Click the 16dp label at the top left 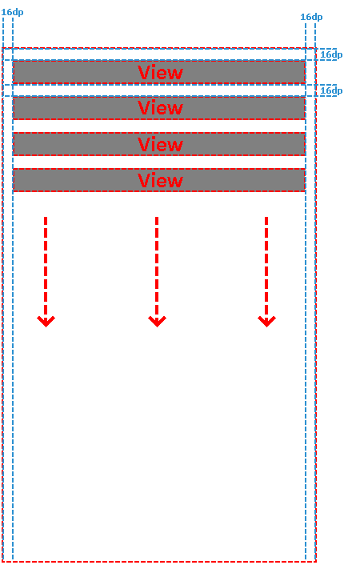coord(12,12)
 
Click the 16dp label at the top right coord(311,17)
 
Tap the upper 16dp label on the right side coord(331,54)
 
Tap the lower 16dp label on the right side coord(331,90)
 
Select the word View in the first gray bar coord(160,73)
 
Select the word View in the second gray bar coord(160,108)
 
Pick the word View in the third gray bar coord(160,144)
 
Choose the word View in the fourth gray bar coord(160,180)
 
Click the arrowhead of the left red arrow coord(46,321)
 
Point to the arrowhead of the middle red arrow coord(157,321)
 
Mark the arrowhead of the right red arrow coord(266,321)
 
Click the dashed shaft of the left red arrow coord(46,268)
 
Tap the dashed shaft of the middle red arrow coord(157,268)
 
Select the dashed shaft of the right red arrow coord(266,268)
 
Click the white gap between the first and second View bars coord(159,90)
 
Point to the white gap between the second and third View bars coord(159,126)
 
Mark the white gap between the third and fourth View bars coord(159,162)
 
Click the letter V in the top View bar coord(144,73)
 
